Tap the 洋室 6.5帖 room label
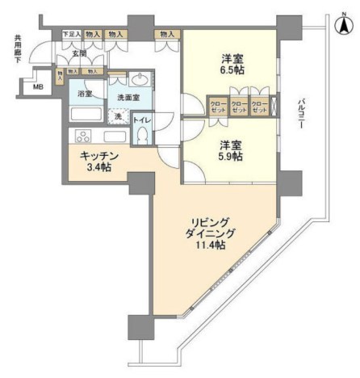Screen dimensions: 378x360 pyautogui.click(x=231, y=65)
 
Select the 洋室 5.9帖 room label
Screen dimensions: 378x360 pyautogui.click(x=231, y=150)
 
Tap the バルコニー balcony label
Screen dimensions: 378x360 pyautogui.click(x=301, y=110)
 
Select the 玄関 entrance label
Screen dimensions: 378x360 pyautogui.click(x=79, y=53)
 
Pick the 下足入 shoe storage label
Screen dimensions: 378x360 pyautogui.click(x=71, y=35)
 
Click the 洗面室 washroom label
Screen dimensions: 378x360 pyautogui.click(x=127, y=97)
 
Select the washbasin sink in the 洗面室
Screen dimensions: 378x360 pyautogui.click(x=139, y=79)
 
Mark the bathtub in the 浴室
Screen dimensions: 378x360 pyautogui.click(x=85, y=111)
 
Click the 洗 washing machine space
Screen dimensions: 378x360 pyautogui.click(x=119, y=117)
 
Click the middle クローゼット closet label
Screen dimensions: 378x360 pyautogui.click(x=239, y=107)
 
